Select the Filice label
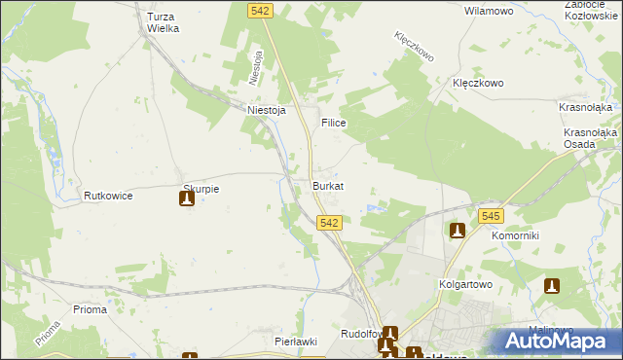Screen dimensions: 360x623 334,125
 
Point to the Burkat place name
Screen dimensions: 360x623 328,185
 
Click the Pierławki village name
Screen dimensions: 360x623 297,342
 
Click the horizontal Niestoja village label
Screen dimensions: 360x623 266,110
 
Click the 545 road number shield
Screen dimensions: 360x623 491,217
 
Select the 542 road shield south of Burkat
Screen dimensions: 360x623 329,223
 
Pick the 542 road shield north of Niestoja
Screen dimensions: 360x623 260,10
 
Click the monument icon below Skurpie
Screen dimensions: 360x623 187,199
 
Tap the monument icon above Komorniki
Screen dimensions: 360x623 458,231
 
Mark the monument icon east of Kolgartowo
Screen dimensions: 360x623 552,286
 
